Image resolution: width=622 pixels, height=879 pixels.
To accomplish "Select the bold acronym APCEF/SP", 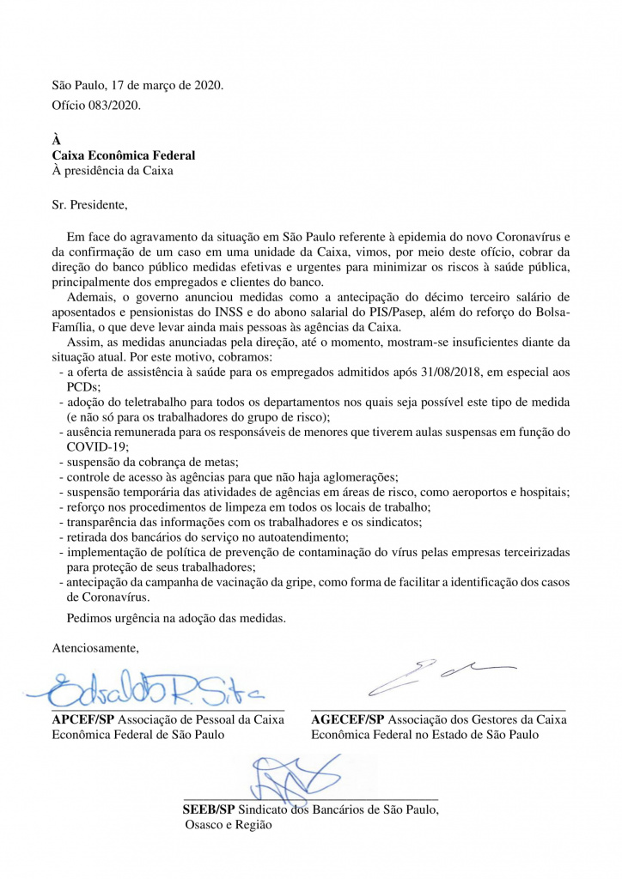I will pyautogui.click(x=83, y=719).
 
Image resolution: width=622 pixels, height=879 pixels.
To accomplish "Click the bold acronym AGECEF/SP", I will pyautogui.click(x=348, y=719).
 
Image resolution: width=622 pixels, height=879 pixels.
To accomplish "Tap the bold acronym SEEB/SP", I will pyautogui.click(x=209, y=809).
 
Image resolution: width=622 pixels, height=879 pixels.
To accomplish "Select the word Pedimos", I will pyautogui.click(x=89, y=617).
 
